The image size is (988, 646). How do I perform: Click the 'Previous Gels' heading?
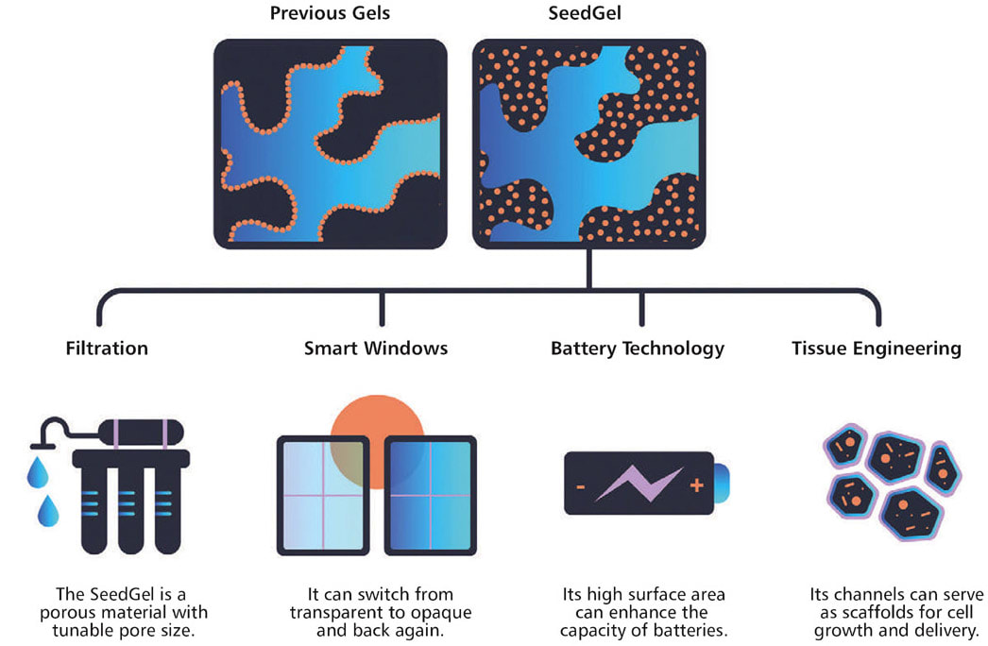pos(330,15)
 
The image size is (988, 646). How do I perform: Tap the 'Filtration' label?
pos(107,348)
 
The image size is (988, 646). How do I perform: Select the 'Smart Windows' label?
pos(376,348)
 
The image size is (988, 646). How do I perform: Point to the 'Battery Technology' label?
pos(638,348)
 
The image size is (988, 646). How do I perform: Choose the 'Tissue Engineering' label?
pos(877,348)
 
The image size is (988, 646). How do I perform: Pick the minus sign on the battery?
pos(581,487)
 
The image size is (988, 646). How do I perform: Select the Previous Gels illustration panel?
pos(330,144)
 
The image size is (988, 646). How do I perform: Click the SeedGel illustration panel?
pos(588,144)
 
